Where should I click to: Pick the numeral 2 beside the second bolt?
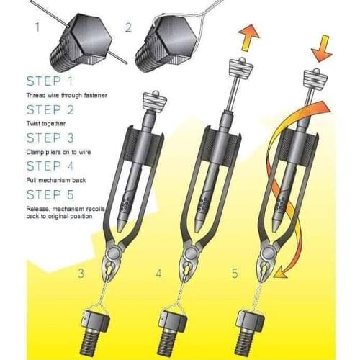point(127,28)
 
